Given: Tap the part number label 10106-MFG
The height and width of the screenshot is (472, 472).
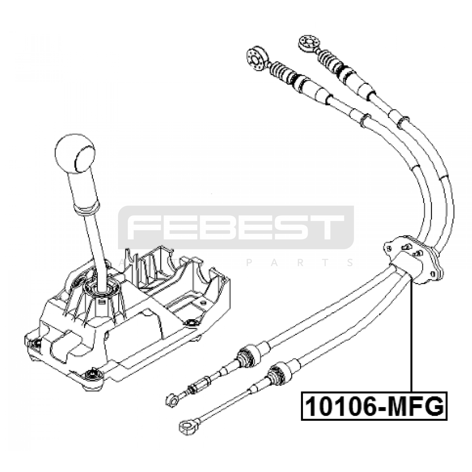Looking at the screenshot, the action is pos(374,406).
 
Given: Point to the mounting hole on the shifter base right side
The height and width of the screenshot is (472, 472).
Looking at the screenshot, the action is pos(190,323).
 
